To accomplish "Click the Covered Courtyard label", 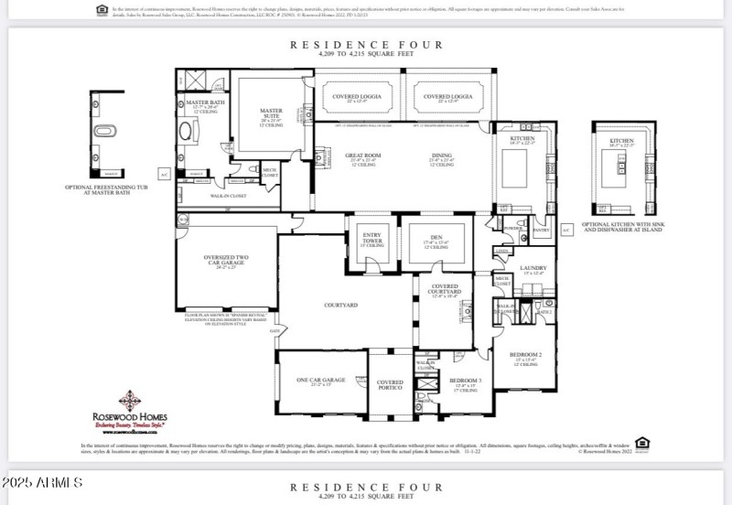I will point(446,290).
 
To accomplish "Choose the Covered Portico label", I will point(390,385).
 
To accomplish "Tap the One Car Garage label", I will point(321,380).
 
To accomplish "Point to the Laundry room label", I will point(533,270).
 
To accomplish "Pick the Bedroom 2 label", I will point(528,356).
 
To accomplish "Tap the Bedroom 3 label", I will point(465,381).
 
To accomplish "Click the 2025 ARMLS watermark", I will point(43,482).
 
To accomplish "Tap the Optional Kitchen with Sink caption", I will point(620,227).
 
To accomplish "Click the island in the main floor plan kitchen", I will point(510,167).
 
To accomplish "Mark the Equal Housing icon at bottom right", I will point(642,444).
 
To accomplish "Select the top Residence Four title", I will point(366,44).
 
